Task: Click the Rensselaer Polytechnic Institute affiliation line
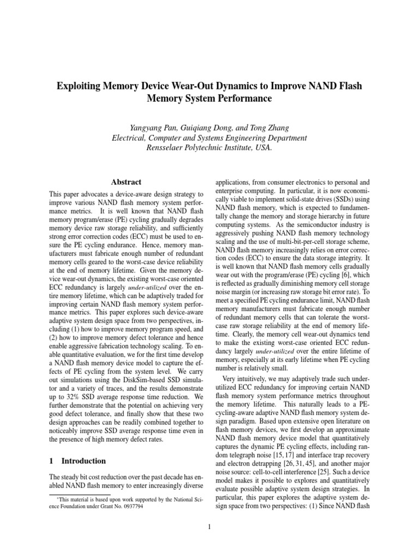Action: tap(209, 147)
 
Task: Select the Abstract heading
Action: tap(126, 182)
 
